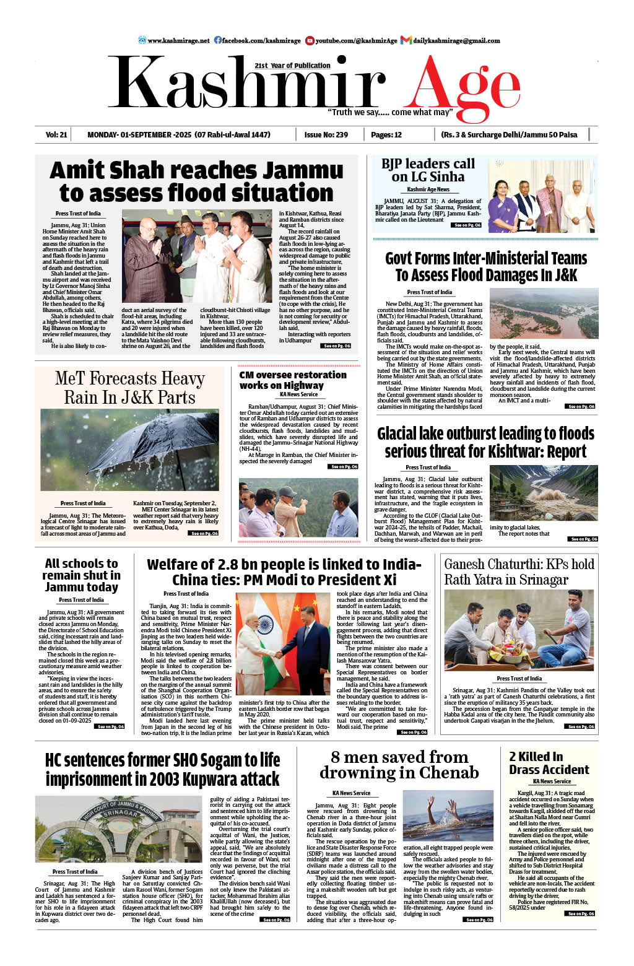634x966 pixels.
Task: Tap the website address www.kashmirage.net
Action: [x=178, y=41]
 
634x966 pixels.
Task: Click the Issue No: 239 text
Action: [x=326, y=134]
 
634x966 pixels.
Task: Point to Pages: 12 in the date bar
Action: [x=386, y=134]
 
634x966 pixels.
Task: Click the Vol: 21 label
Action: [x=56, y=134]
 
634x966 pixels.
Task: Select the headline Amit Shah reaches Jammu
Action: [x=196, y=170]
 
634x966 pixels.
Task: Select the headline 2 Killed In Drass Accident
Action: [x=549, y=763]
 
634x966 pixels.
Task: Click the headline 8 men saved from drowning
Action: [x=399, y=765]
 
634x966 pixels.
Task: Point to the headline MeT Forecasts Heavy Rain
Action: [x=129, y=388]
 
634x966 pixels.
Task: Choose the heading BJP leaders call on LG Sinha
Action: [x=428, y=170]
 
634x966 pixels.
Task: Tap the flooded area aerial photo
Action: [x=544, y=314]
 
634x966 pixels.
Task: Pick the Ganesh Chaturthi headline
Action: [x=519, y=572]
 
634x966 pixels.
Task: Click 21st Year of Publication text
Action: [x=292, y=66]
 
